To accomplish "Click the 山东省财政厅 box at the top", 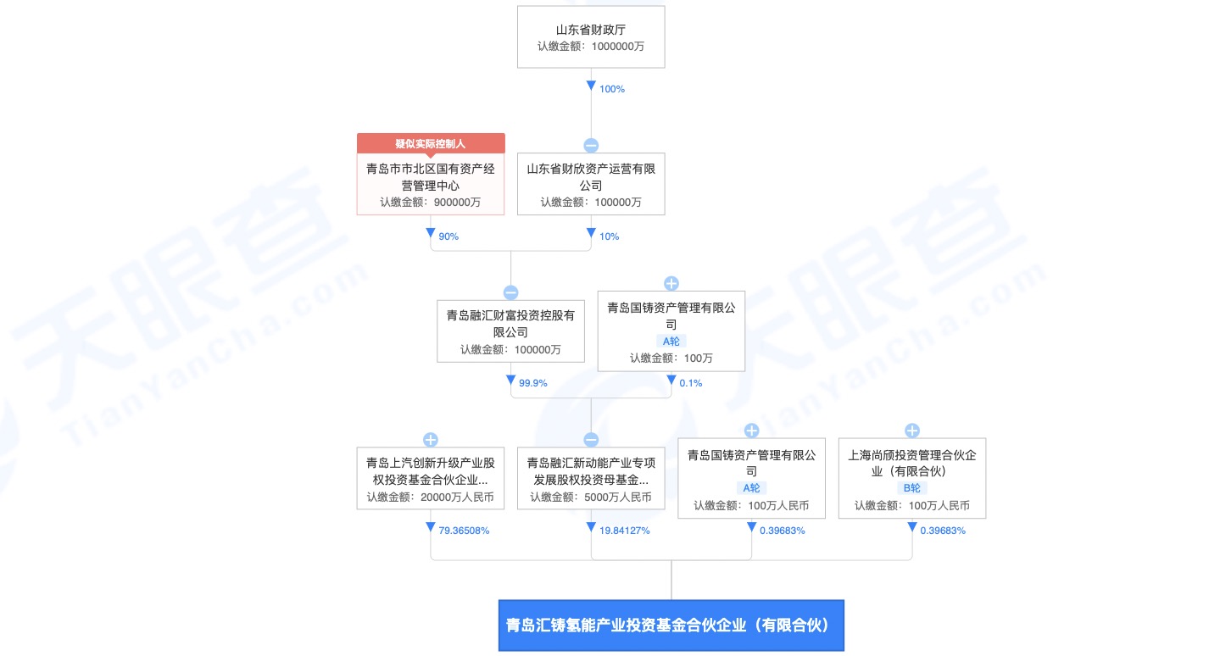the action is (x=591, y=36).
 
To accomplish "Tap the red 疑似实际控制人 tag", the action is (x=431, y=143).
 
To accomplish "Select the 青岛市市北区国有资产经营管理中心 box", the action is (x=431, y=184).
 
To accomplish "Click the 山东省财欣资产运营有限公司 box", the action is (x=591, y=184).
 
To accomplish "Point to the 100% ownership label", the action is (x=612, y=89).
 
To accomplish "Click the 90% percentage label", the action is (x=448, y=236).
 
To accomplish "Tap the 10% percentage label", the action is (x=610, y=236).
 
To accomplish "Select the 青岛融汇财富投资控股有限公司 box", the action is (x=510, y=331).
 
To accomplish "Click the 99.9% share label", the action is (x=533, y=383).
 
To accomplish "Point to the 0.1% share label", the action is (x=691, y=383).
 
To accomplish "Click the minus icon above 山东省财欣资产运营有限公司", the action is (x=591, y=145).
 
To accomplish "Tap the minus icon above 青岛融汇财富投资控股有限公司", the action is (x=510, y=292).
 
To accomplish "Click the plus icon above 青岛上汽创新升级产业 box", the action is (x=430, y=440).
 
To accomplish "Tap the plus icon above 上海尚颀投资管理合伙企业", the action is (x=912, y=431).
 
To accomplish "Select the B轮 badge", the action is (x=912, y=488).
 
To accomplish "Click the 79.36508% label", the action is (x=464, y=531).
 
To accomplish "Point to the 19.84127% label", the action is (x=625, y=531).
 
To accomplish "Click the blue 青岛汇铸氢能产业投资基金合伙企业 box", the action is (x=671, y=625).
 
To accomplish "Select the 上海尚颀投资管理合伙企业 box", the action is (x=912, y=479).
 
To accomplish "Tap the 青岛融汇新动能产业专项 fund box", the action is (x=591, y=479).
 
